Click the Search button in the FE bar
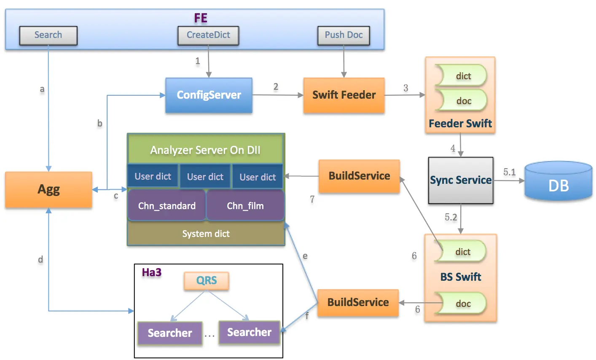tap(48, 35)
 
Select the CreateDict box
tap(208, 35)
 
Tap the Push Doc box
tap(344, 35)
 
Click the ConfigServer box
tap(209, 95)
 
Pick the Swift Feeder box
tap(344, 95)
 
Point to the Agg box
tap(49, 189)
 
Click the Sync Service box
tap(461, 180)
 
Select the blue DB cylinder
tap(558, 181)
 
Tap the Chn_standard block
tap(167, 205)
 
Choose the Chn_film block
tap(245, 205)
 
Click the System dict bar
tap(206, 234)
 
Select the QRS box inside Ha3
tap(207, 280)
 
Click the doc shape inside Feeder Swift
tap(462, 101)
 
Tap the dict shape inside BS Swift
tap(461, 251)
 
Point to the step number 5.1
tap(509, 172)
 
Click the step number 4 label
tap(453, 148)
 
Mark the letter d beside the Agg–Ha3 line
tap(40, 259)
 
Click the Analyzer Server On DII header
tap(205, 150)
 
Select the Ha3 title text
tap(152, 272)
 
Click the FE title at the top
tap(201, 18)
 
